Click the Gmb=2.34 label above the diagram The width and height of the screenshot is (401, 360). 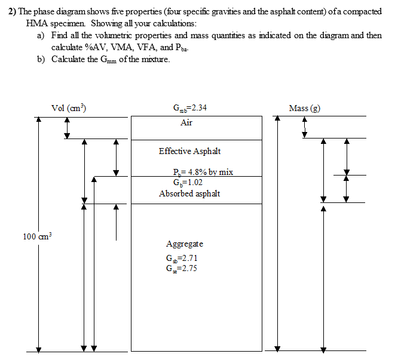[189, 108]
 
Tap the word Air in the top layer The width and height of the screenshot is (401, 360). [186, 122]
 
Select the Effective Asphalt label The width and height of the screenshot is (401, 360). [189, 151]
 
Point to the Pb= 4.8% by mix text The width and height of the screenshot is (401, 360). [203, 172]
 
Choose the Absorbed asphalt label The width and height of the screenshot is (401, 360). [189, 193]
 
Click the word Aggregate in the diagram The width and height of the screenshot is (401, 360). [185, 244]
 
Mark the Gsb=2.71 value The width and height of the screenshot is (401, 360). [182, 259]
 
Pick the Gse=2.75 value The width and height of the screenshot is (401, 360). [182, 268]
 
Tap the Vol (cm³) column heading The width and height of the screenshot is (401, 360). [69, 108]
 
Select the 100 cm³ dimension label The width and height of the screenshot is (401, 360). [38, 236]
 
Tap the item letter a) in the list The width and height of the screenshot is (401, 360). [41, 35]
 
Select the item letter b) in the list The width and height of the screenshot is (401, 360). [41, 59]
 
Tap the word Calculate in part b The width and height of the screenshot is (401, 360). [69, 59]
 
